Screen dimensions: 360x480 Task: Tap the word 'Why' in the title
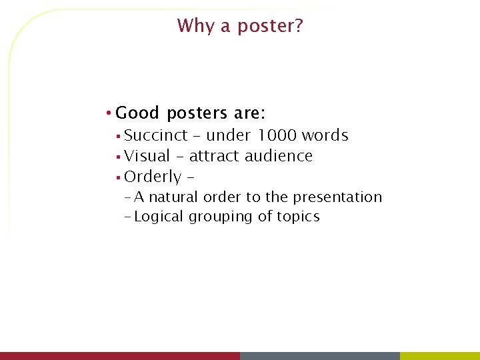(x=193, y=26)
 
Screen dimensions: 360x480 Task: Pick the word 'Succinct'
(x=156, y=135)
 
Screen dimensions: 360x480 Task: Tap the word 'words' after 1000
(x=325, y=135)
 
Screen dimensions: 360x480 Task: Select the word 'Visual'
(x=147, y=156)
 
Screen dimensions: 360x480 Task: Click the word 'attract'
(x=215, y=156)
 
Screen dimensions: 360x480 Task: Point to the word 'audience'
(x=279, y=156)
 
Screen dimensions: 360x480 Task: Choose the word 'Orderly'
(x=153, y=177)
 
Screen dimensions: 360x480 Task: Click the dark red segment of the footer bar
(x=120, y=356)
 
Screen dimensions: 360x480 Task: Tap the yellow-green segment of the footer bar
(x=440, y=356)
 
